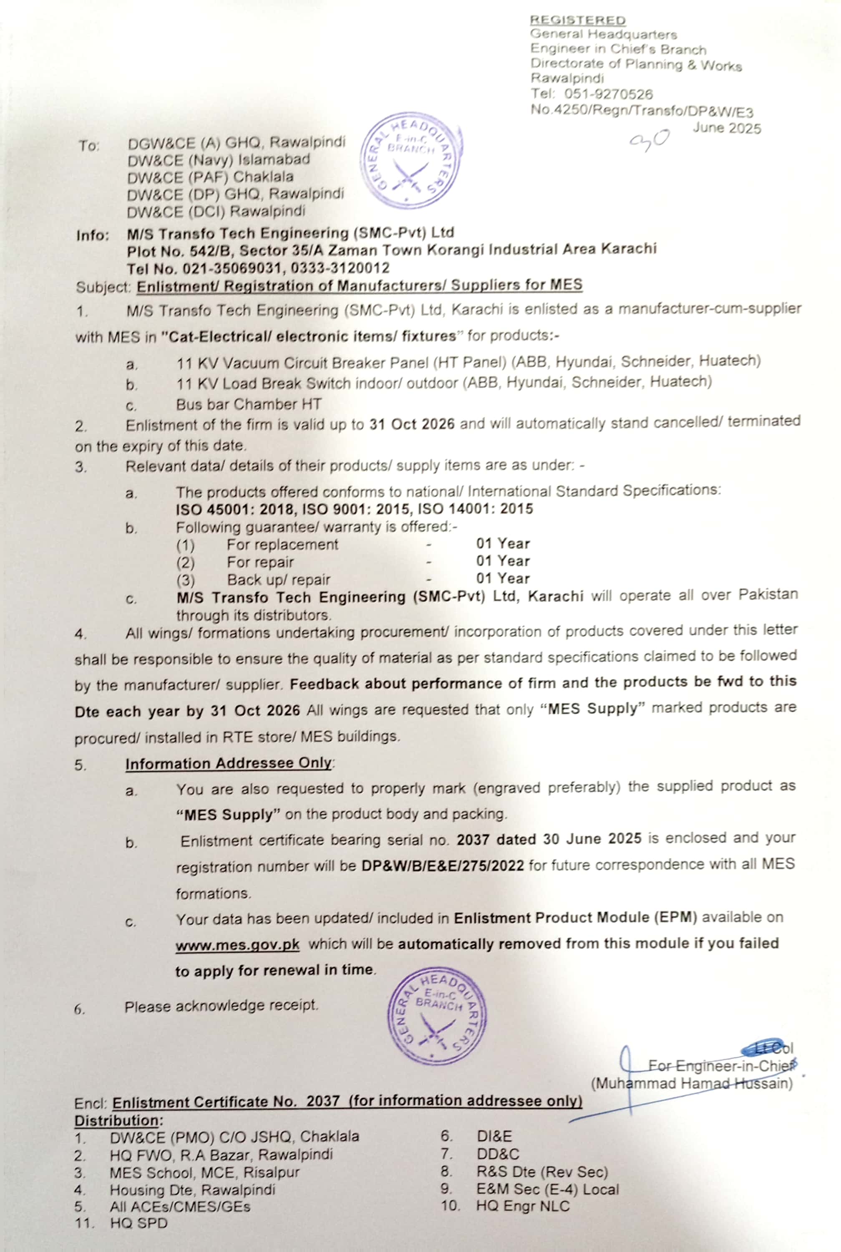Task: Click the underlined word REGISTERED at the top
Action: pos(578,20)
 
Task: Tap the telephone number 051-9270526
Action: pos(608,94)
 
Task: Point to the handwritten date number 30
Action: pos(650,141)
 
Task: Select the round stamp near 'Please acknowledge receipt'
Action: pos(437,1017)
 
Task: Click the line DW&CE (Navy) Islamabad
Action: pos(219,160)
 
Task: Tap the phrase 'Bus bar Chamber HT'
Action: pos(249,404)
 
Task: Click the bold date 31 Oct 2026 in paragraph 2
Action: pos(411,424)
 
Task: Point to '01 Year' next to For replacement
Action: pos(503,544)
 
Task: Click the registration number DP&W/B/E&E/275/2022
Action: pos(443,865)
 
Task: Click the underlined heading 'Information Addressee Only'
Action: pos(229,763)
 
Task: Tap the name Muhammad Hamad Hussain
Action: pos(692,1083)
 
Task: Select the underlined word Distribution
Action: pos(118,1121)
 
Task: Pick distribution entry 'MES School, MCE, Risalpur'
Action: pos(204,1173)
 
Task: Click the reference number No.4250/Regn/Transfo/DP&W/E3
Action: pos(642,111)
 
